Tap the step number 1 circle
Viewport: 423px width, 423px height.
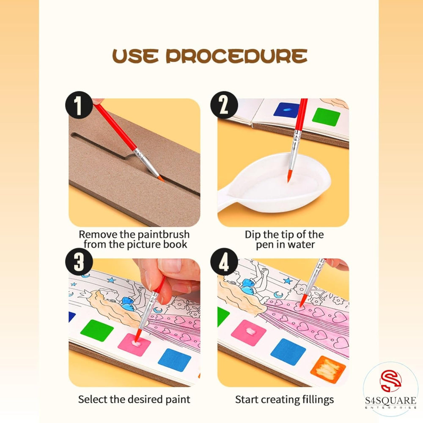78,105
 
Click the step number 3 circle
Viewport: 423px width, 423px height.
78,262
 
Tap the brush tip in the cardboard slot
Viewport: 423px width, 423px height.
161,179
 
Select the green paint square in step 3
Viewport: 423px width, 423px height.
97,330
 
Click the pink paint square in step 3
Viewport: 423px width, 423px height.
135,344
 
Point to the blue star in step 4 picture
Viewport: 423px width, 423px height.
288,280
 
